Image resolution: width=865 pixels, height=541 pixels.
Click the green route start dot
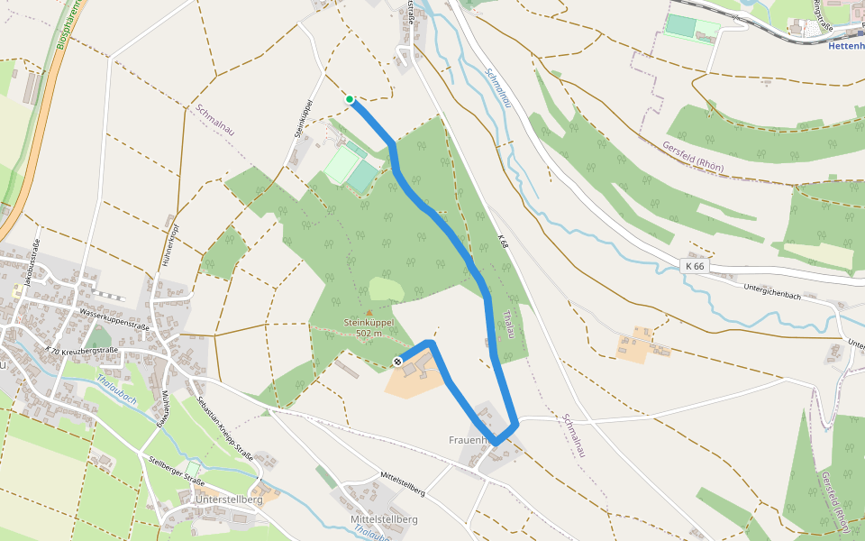[350, 99]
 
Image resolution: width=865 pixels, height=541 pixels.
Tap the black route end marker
[397, 362]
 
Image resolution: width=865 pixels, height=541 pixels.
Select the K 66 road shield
[695, 266]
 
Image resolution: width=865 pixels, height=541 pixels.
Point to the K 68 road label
[502, 243]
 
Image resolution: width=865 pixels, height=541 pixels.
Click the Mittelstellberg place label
[383, 520]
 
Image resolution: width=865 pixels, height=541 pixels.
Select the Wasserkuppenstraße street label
[114, 317]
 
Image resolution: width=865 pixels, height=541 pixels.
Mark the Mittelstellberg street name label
[402, 483]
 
